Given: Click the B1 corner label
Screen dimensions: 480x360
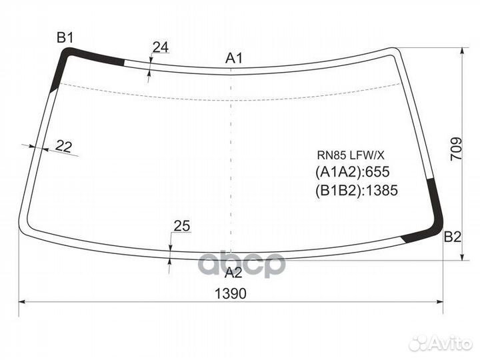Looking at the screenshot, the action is tap(65, 38).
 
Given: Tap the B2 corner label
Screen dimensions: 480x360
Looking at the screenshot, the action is tap(453, 237).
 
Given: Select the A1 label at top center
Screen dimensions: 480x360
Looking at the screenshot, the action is tap(234, 58).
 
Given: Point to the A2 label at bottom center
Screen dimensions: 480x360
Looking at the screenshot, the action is tap(233, 273).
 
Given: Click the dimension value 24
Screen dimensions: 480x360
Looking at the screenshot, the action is tap(161, 47).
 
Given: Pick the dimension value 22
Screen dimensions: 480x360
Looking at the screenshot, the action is tap(64, 146).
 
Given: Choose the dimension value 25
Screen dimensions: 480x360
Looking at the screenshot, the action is tap(182, 226).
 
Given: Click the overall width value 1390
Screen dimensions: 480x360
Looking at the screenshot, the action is tap(231, 294).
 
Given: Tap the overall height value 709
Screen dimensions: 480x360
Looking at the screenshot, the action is tap(456, 149).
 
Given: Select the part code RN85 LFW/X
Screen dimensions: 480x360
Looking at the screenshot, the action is tap(350, 155).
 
